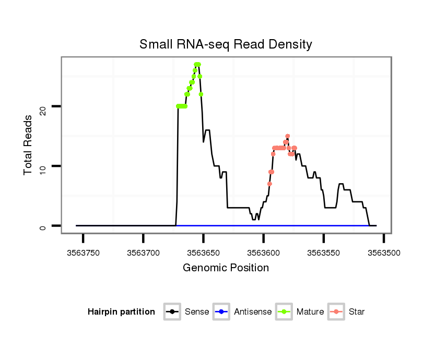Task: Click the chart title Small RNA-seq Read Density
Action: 226,44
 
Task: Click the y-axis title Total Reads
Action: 29,145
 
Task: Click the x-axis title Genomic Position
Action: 226,268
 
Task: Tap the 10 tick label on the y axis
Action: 43,166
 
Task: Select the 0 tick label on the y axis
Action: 43,226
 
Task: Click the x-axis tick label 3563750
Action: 83,253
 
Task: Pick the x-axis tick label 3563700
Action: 143,253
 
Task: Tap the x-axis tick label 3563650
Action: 203,253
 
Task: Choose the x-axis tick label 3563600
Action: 263,253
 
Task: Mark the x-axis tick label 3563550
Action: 324,253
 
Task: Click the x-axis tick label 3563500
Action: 384,253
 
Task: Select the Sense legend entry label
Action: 197,312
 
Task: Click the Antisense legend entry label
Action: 253,312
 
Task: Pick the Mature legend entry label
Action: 310,312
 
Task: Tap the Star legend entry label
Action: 357,312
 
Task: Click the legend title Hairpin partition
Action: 121,312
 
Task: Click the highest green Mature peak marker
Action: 197,65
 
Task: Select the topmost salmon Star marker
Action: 288,136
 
